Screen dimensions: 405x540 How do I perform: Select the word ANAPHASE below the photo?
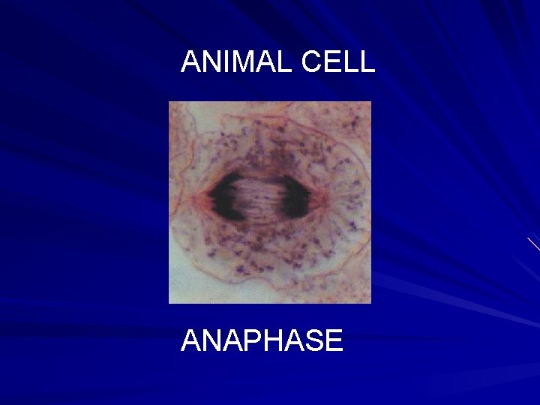(262, 341)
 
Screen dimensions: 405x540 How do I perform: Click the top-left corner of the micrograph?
(169, 102)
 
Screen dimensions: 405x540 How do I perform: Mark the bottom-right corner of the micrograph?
(370, 302)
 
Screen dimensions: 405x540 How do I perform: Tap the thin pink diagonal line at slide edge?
(533, 244)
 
